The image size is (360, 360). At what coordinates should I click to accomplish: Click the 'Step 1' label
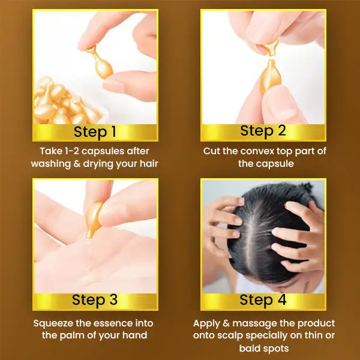95,132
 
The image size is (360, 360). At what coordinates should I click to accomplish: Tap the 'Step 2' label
263,131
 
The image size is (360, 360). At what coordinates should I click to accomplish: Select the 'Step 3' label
95,300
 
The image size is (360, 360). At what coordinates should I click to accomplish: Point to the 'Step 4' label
263,300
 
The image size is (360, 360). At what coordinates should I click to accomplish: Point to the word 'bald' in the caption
250,348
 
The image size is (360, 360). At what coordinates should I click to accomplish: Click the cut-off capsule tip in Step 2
272,47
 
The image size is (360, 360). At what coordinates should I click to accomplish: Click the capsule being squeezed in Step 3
94,220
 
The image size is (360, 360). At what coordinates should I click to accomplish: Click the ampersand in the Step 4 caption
226,323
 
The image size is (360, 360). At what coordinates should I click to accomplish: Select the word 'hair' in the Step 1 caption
149,164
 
